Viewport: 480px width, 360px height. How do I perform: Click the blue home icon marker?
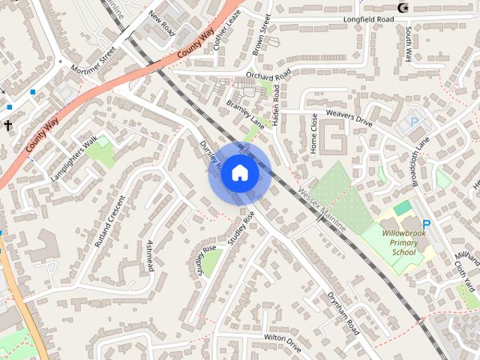pyautogui.click(x=240, y=173)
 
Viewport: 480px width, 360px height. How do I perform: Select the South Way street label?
pyautogui.click(x=409, y=44)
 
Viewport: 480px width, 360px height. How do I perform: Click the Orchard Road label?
pyautogui.click(x=268, y=76)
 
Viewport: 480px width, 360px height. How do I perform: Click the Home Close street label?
pyautogui.click(x=314, y=133)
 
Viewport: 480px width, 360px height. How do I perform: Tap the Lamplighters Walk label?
pyautogui.click(x=76, y=155)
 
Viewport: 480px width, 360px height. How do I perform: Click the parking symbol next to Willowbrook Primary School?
pyautogui.click(x=426, y=223)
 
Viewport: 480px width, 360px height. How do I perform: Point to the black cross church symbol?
pyautogui.click(x=9, y=125)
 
